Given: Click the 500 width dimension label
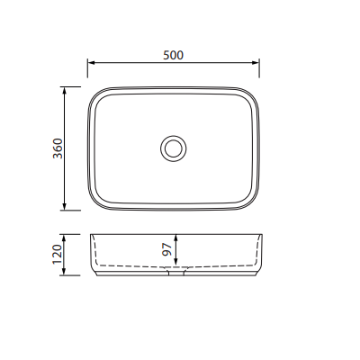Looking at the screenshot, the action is tap(173, 55).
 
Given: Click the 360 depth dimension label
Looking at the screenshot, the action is tap(58, 148).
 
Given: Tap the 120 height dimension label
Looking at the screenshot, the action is tap(58, 254).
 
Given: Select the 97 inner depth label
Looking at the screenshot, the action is tap(166, 249).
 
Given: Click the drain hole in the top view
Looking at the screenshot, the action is tap(173, 148).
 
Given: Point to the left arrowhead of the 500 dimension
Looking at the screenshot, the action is tap(91, 63).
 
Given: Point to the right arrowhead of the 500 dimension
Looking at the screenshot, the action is tap(256, 63).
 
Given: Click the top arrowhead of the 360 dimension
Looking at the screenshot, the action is tap(64, 91).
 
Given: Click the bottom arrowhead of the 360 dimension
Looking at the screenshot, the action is tap(64, 206).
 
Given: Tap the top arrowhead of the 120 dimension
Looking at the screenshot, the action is tap(64, 238).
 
